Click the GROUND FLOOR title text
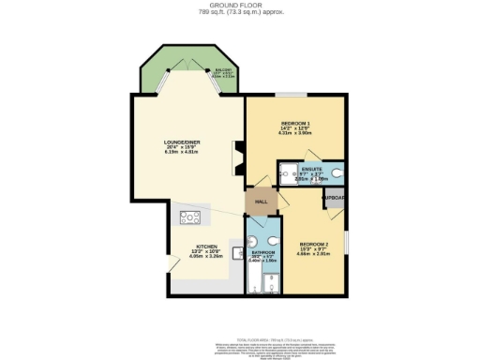pyautogui.click(x=240, y=5)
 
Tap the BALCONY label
pyautogui.click(x=223, y=70)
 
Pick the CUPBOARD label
pyautogui.click(x=335, y=198)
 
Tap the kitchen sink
pyautogui.click(x=236, y=252)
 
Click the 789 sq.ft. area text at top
pyautogui.click(x=239, y=12)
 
